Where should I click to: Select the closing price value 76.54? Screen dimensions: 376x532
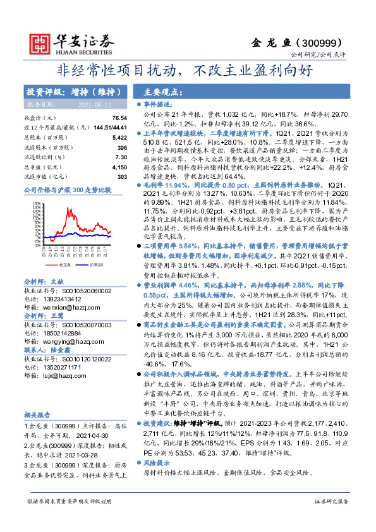coord(119,118)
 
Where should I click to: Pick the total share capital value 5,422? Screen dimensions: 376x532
coord(119,136)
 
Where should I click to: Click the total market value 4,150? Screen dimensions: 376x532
coord(119,167)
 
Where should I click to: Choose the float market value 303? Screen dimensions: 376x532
coord(122,176)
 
